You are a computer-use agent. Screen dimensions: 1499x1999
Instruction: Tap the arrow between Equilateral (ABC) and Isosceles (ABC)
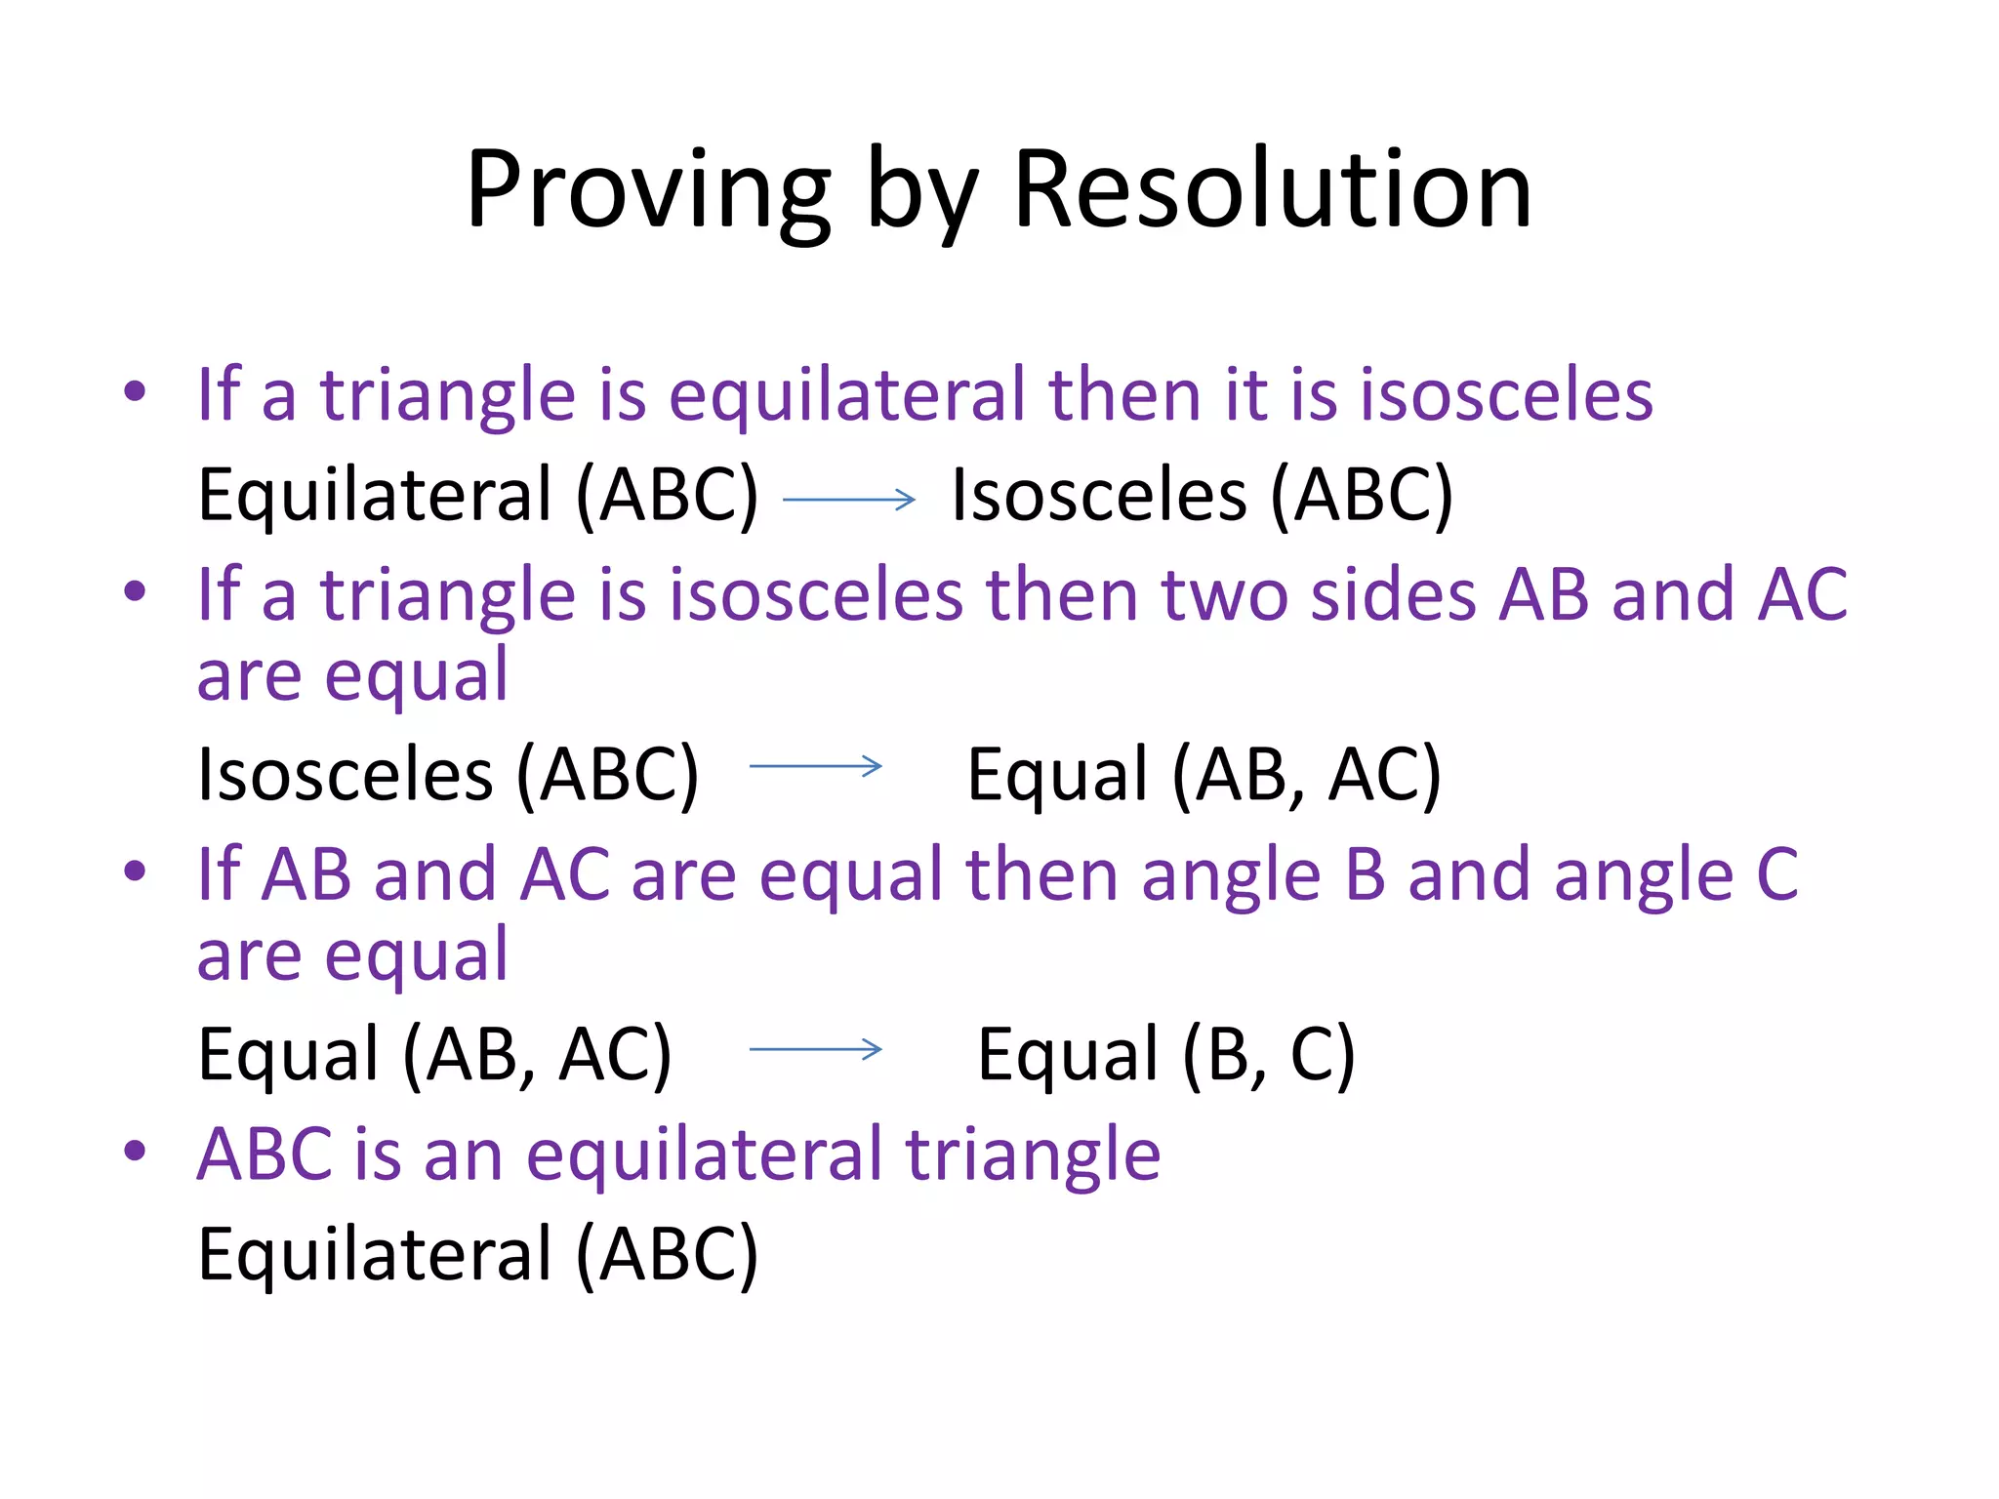849,500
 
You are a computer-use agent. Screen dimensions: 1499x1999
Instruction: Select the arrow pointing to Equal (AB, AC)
816,766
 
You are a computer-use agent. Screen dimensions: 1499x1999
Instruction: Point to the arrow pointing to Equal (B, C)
816,1049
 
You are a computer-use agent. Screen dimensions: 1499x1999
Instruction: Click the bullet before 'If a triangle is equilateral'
135,393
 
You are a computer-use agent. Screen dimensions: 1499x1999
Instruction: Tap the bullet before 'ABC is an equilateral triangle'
135,1152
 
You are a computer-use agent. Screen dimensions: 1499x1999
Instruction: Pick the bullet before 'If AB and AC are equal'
135,871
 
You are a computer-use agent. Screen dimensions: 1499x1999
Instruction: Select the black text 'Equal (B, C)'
1165,1055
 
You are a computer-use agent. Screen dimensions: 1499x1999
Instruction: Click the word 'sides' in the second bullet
1392,594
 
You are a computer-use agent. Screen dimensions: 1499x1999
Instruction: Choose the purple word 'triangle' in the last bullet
1033,1155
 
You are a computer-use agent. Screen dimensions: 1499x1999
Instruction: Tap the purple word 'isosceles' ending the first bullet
1506,395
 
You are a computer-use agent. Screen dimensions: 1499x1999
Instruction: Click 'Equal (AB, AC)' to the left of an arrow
434,1055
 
